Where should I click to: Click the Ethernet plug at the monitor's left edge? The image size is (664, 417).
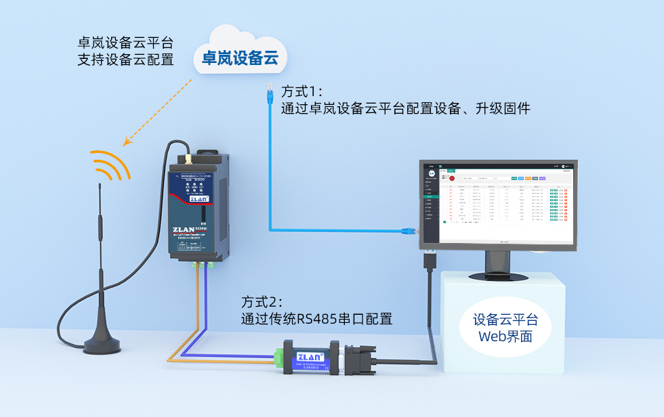coord(411,231)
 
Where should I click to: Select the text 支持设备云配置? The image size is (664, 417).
coord(125,60)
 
